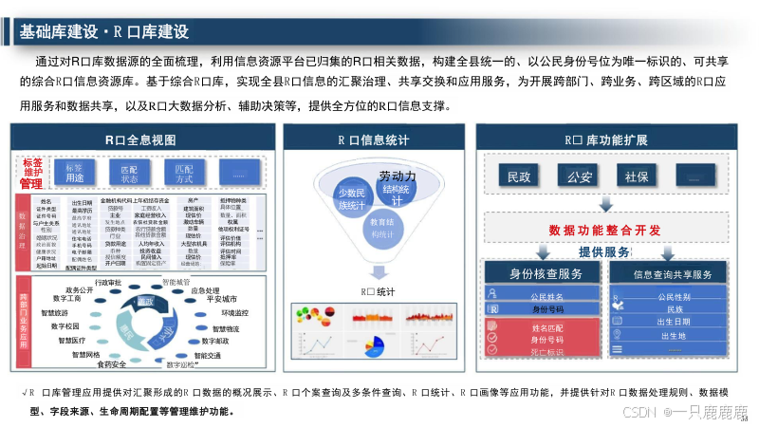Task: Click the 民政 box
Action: pyautogui.click(x=519, y=176)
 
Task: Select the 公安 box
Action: pyautogui.click(x=578, y=176)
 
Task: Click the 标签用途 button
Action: pyautogui.click(x=74, y=173)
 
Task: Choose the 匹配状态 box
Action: pyautogui.click(x=129, y=173)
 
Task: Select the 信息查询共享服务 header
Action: pyautogui.click(x=673, y=274)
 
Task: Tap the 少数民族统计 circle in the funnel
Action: pyautogui.click(x=351, y=199)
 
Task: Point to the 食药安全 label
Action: pyautogui.click(x=112, y=363)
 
